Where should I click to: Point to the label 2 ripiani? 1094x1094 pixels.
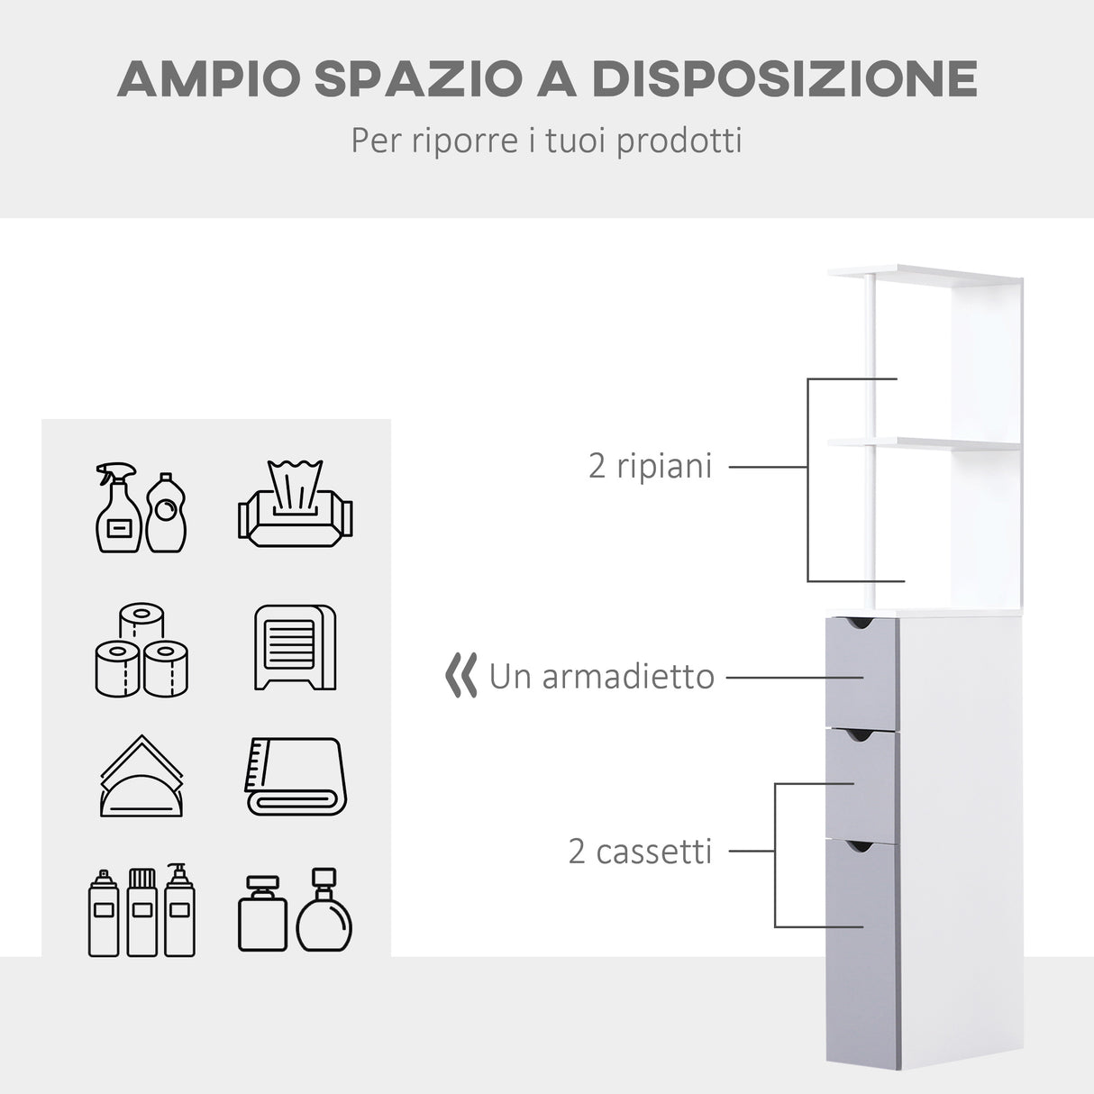[x=650, y=466]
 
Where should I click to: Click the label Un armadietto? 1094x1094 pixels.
[x=601, y=676]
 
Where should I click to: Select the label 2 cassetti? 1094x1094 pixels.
[x=640, y=851]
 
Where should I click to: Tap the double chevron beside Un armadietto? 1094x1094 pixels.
[x=461, y=676]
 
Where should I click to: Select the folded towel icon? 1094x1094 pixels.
[x=296, y=776]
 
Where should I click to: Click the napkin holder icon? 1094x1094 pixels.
[x=141, y=777]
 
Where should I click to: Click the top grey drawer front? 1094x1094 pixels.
[x=862, y=672]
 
